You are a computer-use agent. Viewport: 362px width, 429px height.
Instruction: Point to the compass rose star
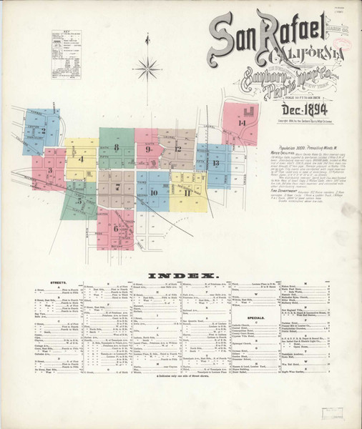(147, 69)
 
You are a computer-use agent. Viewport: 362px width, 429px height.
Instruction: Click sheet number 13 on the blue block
(215, 164)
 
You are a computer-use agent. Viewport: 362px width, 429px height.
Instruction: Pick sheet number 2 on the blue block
(43, 131)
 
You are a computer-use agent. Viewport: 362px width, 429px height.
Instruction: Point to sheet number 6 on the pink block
(116, 228)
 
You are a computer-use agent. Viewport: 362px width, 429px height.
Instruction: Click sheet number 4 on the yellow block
(81, 159)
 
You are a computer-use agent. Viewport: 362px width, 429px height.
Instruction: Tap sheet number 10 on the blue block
(153, 193)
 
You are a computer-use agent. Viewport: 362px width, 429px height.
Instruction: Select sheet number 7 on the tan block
(117, 187)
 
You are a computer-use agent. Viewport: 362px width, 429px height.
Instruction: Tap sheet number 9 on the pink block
(148, 150)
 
